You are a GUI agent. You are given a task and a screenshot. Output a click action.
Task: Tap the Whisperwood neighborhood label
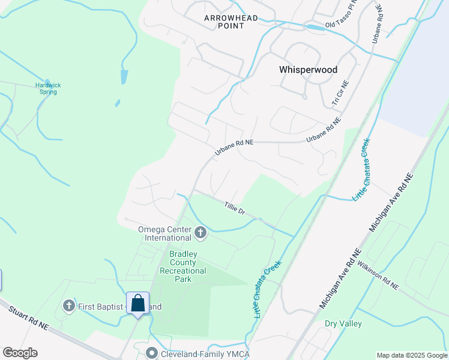tap(308, 70)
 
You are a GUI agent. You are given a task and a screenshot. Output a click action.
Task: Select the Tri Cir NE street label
tap(340, 94)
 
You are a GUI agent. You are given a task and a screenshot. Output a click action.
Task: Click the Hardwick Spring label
tap(48, 88)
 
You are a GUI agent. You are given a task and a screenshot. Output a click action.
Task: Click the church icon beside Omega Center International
tap(200, 232)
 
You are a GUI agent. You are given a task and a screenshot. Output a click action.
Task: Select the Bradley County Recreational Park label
tap(183, 266)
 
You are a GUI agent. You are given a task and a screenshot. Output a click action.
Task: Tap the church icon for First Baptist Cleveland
tap(68, 306)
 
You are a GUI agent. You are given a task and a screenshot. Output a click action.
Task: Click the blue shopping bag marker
tap(137, 302)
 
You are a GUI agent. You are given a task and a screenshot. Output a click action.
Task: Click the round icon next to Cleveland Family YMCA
tap(152, 353)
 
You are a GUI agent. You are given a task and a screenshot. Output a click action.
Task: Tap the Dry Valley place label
tap(343, 323)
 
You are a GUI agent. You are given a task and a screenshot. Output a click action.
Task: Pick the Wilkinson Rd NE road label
tap(378, 275)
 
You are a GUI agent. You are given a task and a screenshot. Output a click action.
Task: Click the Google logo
tap(20, 353)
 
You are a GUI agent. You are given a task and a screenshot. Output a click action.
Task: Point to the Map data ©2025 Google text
tap(412, 355)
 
